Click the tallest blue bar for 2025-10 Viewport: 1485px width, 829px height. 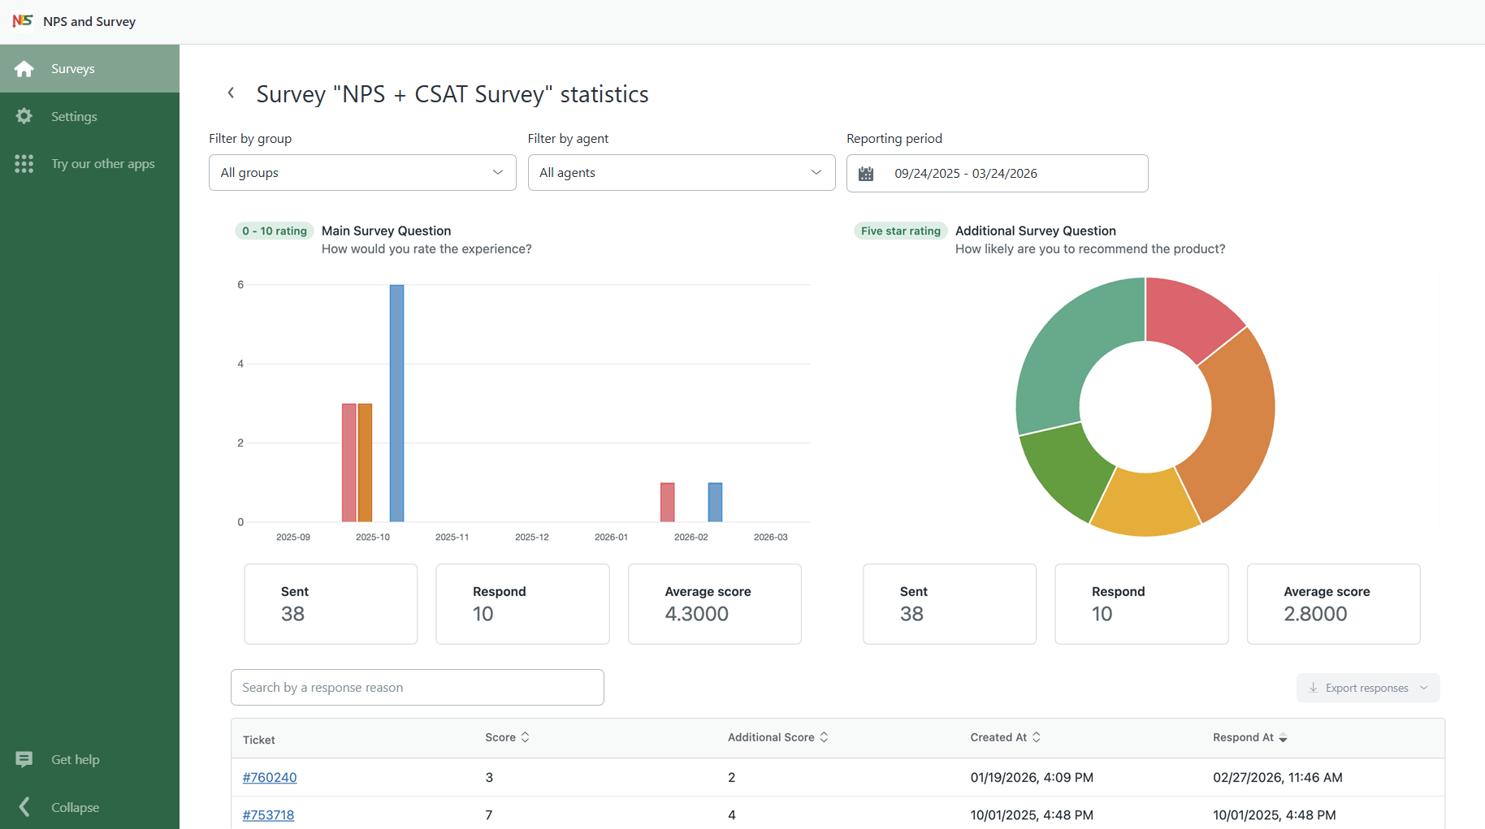pyautogui.click(x=396, y=403)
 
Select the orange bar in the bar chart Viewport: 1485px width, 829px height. pyautogui.click(x=365, y=462)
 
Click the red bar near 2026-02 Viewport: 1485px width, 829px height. pyautogui.click(x=667, y=502)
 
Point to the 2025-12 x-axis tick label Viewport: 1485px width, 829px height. pyautogui.click(x=531, y=537)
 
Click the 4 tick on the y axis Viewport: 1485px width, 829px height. pyautogui.click(x=240, y=364)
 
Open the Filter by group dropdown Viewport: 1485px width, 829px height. pyautogui.click(x=362, y=173)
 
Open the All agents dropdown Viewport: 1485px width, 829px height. pyautogui.click(x=682, y=173)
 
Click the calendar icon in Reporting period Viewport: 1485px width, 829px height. pyautogui.click(x=866, y=174)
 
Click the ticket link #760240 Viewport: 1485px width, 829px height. pyautogui.click(x=270, y=777)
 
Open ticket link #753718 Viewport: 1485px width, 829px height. pyautogui.click(x=268, y=814)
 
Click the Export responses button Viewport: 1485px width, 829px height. pyautogui.click(x=1368, y=688)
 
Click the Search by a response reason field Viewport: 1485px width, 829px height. pyautogui.click(x=418, y=688)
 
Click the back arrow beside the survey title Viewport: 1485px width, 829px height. pyautogui.click(x=231, y=93)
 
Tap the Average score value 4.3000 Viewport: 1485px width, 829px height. pyautogui.click(x=697, y=614)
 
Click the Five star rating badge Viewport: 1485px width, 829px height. pyautogui.click(x=901, y=231)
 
